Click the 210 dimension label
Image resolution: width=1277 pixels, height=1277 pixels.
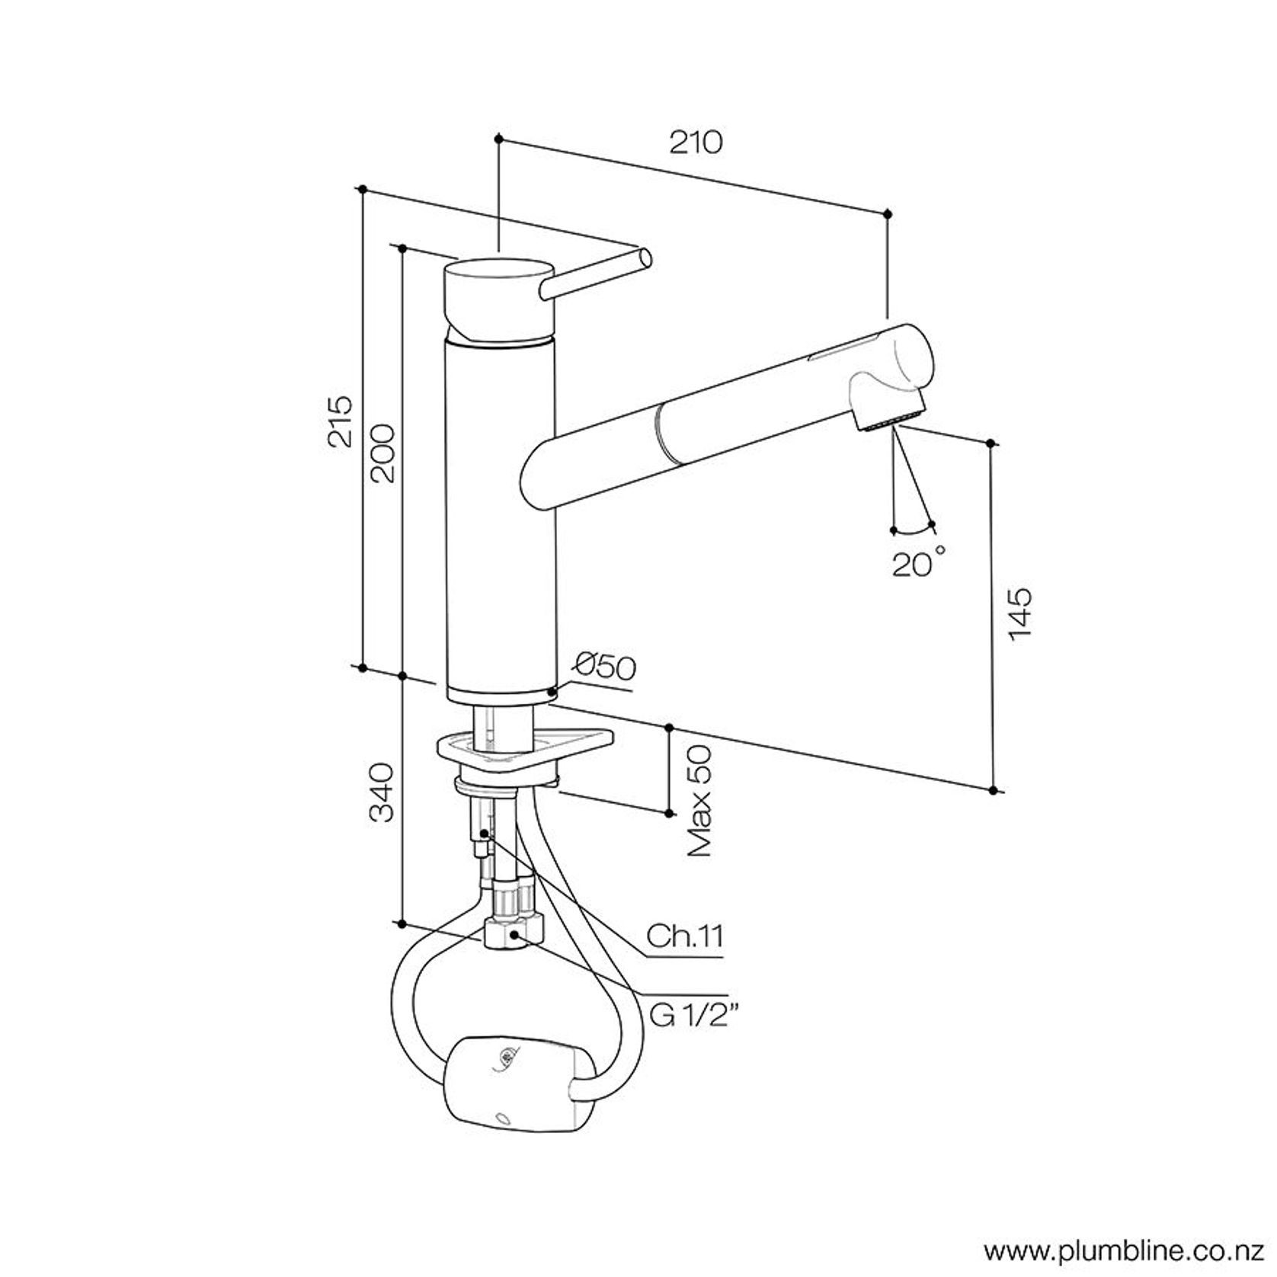695,142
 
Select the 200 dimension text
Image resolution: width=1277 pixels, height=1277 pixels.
381,453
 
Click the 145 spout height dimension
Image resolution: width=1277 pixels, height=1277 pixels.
1019,614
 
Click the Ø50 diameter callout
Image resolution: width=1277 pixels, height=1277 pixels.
606,667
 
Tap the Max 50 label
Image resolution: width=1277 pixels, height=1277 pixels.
699,802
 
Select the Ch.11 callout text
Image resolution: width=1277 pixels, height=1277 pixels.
684,936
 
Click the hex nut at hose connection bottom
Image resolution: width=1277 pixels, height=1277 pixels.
515,936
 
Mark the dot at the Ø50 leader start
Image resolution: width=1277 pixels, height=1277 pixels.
551,693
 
